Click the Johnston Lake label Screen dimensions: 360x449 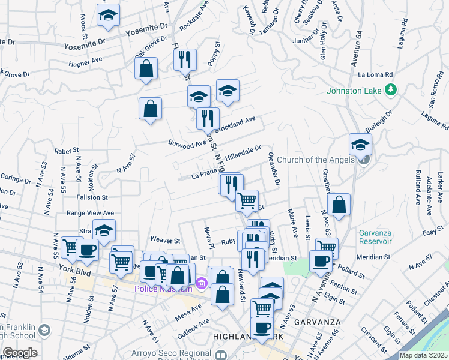pyautogui.click(x=354, y=91)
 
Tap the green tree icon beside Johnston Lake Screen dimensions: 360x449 pyautogui.click(x=390, y=90)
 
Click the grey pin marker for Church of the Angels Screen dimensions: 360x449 pyautogui.click(x=364, y=160)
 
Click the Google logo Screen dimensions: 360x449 pyautogui.click(x=20, y=352)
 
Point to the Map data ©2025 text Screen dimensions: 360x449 pyautogui.click(x=423, y=355)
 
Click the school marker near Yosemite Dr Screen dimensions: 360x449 pyautogui.click(x=108, y=16)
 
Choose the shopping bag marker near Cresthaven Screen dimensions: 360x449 pyautogui.click(x=339, y=204)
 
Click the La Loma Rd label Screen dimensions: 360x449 pyautogui.click(x=375, y=75)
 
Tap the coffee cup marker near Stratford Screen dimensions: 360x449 pyautogui.click(x=87, y=250)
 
